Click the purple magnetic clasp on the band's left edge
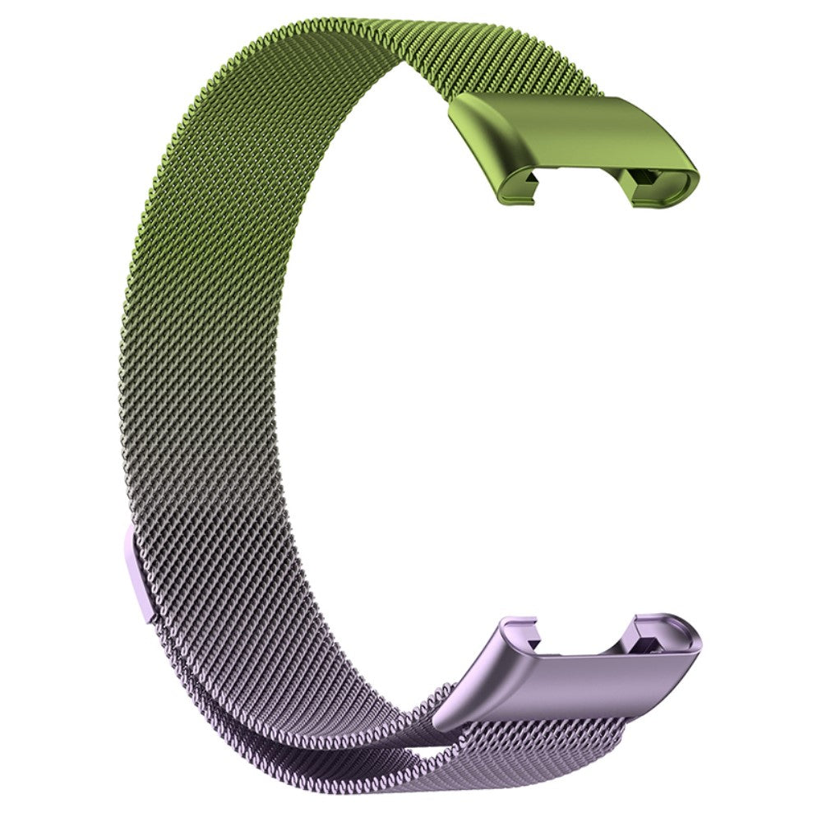click(x=138, y=575)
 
